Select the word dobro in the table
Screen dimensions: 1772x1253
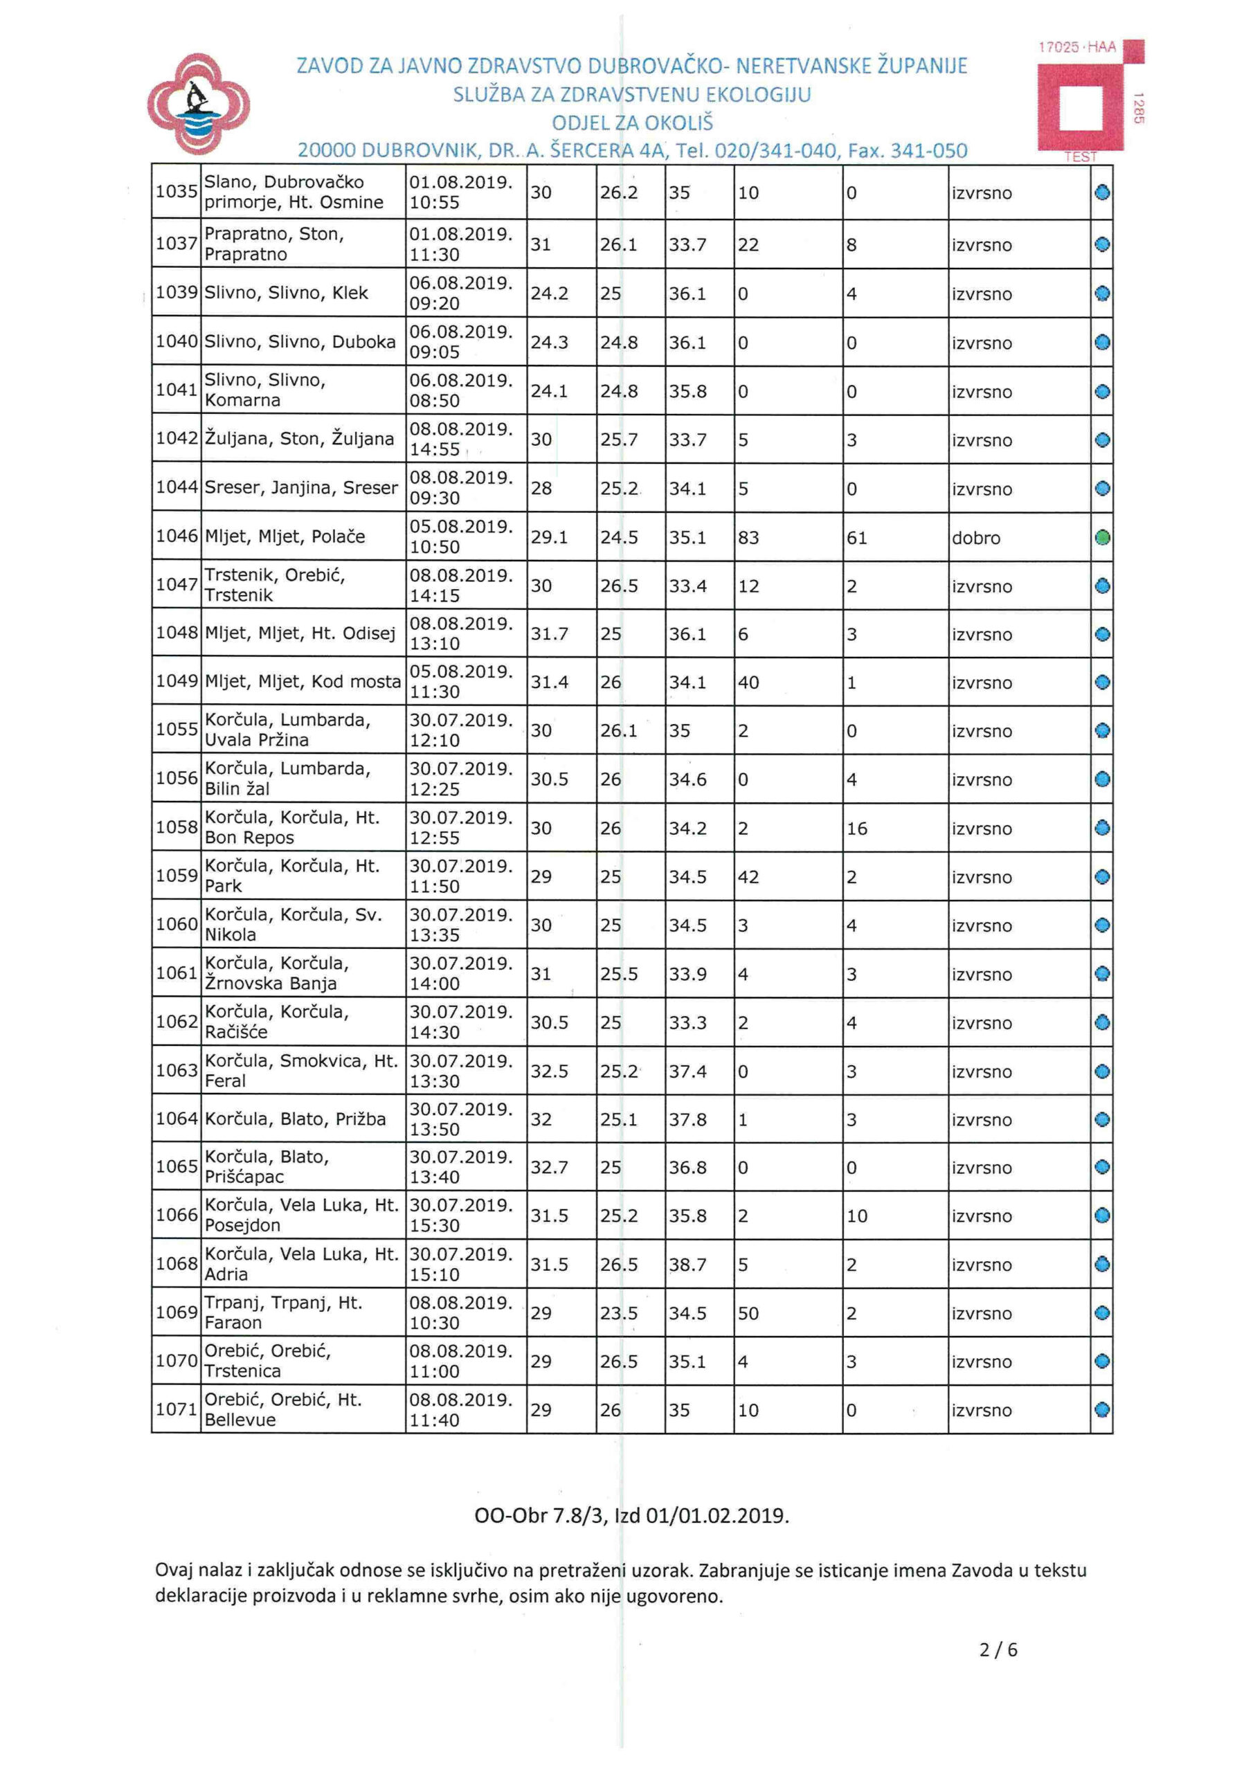pos(976,538)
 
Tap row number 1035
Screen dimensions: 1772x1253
pos(176,192)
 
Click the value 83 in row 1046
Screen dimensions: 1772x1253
pos(748,538)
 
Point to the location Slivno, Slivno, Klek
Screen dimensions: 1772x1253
pos(286,293)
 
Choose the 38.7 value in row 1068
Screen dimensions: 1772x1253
pos(687,1265)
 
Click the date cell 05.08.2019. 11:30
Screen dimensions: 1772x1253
pos(461,682)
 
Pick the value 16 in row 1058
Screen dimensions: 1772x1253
pos(857,829)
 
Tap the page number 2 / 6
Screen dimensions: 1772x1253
pos(998,1650)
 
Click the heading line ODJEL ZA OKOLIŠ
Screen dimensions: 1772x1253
pos(632,123)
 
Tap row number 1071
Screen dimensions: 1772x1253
pos(176,1409)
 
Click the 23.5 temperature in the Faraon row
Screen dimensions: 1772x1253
pos(618,1314)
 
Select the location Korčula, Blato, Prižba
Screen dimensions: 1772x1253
pos(295,1119)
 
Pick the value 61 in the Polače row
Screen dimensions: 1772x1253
pos(857,538)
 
